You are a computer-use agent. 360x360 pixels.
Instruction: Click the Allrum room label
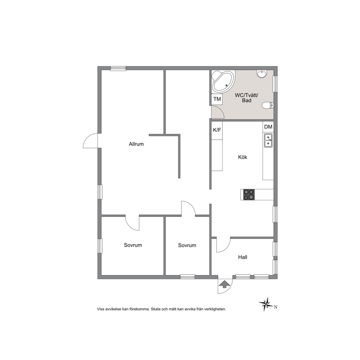point(136,144)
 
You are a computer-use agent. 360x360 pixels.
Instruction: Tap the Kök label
point(242,157)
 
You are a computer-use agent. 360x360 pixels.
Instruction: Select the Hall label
point(242,257)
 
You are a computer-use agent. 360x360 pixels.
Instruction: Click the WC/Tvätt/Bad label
point(246,98)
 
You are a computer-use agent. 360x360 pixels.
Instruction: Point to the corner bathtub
point(223,82)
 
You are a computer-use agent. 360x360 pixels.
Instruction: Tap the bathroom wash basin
point(262,74)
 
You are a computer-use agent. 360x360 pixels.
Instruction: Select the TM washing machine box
point(217,99)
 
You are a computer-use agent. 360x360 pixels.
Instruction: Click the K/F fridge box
point(217,130)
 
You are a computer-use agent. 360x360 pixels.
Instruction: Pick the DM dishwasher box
point(268,127)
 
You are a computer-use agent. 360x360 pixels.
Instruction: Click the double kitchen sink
point(268,140)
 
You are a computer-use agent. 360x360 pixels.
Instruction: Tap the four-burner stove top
point(249,195)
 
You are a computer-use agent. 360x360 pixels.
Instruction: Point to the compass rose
point(266,304)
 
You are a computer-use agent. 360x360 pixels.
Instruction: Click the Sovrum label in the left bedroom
point(133,245)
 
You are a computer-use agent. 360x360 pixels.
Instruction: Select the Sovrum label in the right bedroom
point(187,245)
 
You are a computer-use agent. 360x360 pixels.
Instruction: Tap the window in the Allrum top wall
point(118,68)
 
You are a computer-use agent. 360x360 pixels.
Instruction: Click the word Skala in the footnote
point(156,309)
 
